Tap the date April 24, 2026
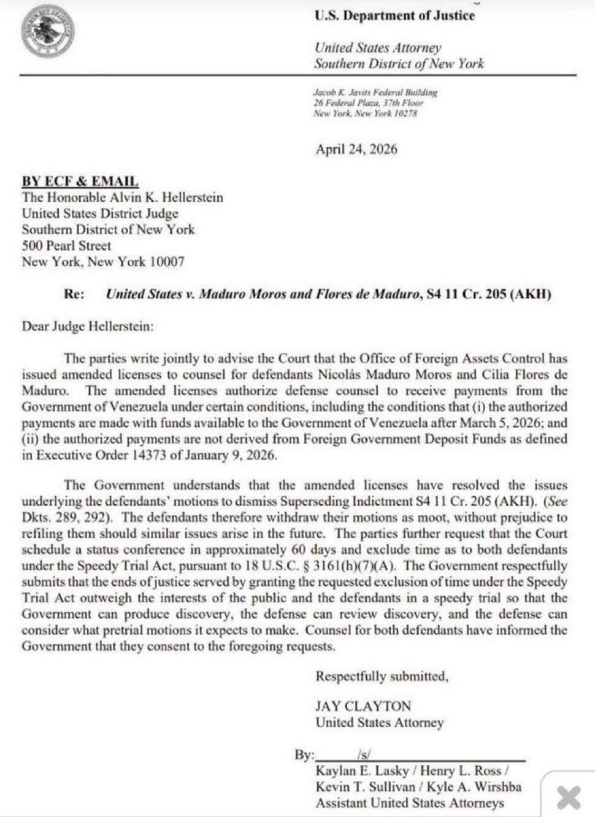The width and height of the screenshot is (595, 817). [356, 149]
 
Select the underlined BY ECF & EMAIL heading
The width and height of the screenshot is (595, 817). [80, 181]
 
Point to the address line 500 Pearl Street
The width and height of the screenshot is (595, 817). [66, 245]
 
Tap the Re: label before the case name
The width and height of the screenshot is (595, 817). [74, 294]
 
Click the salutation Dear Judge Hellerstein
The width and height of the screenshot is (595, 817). [88, 326]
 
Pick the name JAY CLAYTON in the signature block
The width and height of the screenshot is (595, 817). [363, 706]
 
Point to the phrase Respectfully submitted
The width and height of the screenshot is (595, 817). [382, 677]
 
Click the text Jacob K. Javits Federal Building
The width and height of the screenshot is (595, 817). [375, 92]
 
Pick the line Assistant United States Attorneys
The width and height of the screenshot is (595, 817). [409, 803]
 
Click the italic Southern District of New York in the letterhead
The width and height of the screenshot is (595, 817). [399, 63]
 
